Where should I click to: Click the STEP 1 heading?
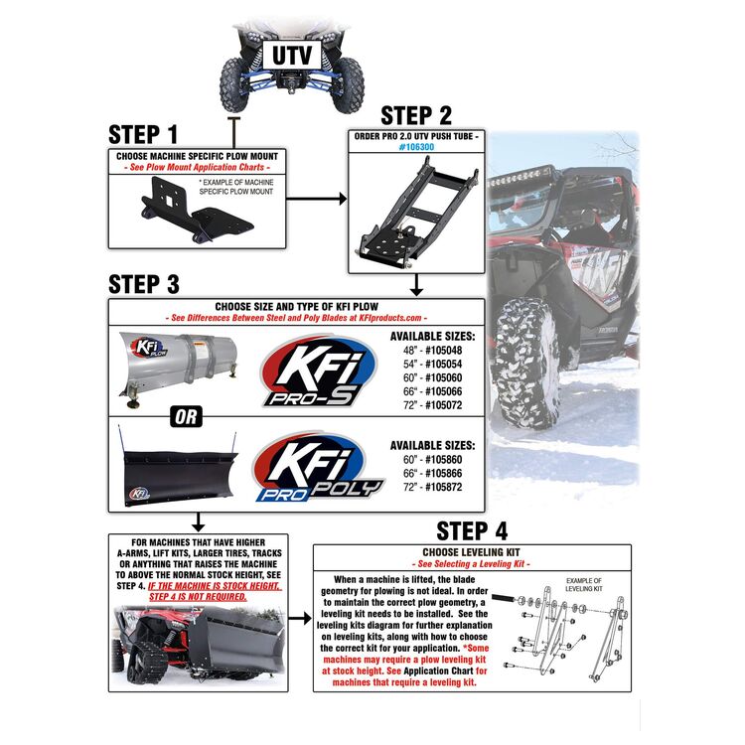click(143, 134)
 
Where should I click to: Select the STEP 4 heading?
click(471, 530)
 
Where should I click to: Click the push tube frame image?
click(409, 209)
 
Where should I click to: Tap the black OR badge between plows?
click(187, 418)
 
